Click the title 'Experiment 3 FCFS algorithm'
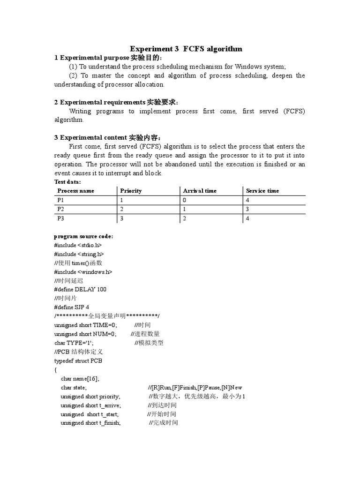[186, 49]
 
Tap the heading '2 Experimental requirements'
[100, 102]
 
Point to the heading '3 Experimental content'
[90, 138]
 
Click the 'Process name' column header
[76, 191]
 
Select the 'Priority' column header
[131, 191]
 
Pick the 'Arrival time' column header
[200, 191]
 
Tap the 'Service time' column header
[262, 191]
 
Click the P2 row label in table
[61, 209]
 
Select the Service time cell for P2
[247, 209]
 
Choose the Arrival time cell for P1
[184, 200]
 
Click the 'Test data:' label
[67, 181]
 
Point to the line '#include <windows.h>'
[83, 272]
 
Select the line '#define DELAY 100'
[80, 290]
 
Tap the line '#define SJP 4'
[72, 307]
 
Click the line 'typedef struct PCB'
[78, 361]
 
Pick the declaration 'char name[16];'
[80, 379]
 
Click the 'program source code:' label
[83, 236]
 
